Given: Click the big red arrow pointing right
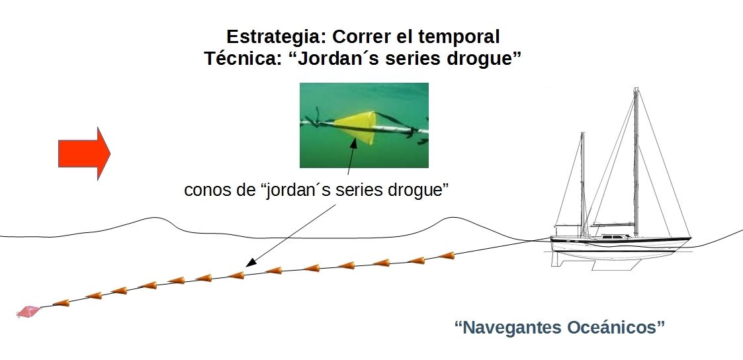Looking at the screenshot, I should tap(83, 153).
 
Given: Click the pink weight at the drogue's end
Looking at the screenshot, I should tap(28, 311).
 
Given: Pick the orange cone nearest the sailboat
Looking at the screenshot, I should tap(447, 255).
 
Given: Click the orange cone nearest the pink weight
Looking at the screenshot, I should tap(62, 303).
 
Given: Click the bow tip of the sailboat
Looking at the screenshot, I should tap(691, 238).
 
